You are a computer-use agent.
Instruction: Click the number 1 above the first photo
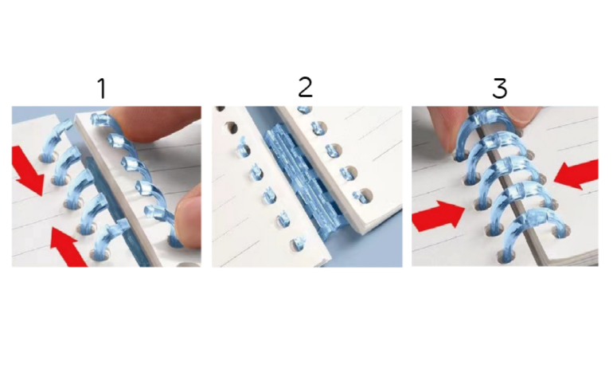[103, 88]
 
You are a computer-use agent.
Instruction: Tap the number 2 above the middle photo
[306, 88]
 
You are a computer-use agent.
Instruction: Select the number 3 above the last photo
[500, 88]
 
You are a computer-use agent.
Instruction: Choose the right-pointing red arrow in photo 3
[438, 216]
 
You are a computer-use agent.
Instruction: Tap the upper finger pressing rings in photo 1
[153, 123]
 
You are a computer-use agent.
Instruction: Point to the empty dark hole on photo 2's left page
[232, 128]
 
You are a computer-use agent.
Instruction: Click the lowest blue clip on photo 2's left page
[299, 243]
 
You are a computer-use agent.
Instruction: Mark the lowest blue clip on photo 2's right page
[359, 196]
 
